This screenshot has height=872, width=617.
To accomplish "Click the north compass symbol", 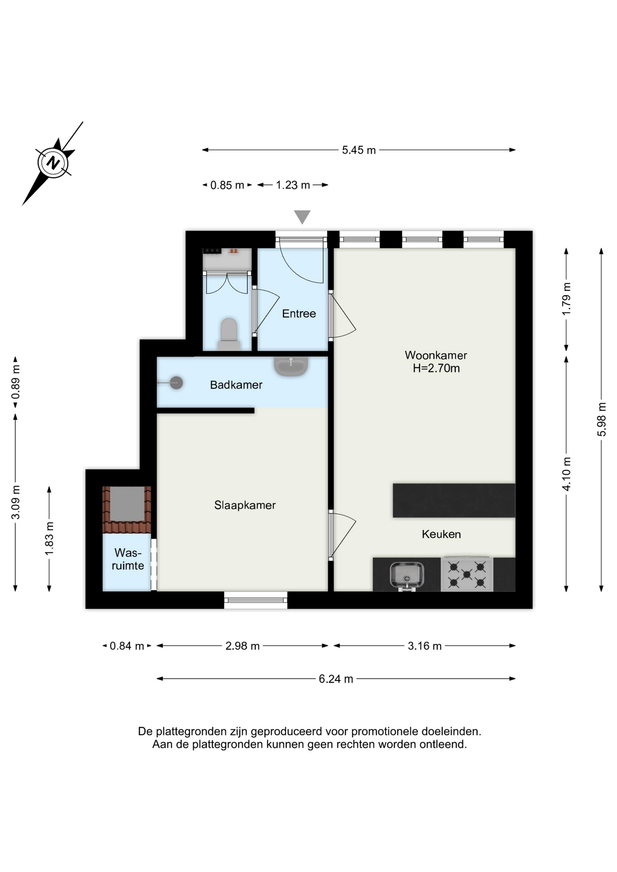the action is click(x=54, y=162).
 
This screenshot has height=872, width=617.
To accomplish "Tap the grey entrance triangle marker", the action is click(x=302, y=217).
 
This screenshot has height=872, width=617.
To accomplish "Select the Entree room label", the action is click(x=299, y=313).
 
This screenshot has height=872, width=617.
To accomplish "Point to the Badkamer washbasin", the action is click(x=291, y=366).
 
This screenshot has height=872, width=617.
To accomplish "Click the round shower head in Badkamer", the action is click(x=176, y=383).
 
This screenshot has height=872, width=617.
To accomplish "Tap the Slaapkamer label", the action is click(x=245, y=505).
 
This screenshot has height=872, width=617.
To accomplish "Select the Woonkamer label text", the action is click(x=436, y=355).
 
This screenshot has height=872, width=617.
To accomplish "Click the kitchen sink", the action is click(x=407, y=576).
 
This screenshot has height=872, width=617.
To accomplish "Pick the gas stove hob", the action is click(x=467, y=574).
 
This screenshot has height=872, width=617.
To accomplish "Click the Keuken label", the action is click(x=441, y=534).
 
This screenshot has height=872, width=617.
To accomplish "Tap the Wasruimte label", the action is click(x=128, y=559).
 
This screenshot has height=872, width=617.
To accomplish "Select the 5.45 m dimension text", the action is click(x=359, y=150).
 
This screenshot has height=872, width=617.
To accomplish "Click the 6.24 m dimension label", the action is click(x=336, y=679).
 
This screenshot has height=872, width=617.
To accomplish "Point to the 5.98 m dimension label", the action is click(x=602, y=419).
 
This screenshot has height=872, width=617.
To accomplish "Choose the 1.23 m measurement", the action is click(x=293, y=185).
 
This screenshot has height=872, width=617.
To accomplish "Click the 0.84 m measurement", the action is click(x=127, y=645).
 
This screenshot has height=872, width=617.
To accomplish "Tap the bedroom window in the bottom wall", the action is click(x=256, y=600).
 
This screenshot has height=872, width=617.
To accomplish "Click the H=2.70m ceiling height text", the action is click(x=436, y=368).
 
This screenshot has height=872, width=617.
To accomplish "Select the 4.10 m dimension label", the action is click(x=567, y=474).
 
